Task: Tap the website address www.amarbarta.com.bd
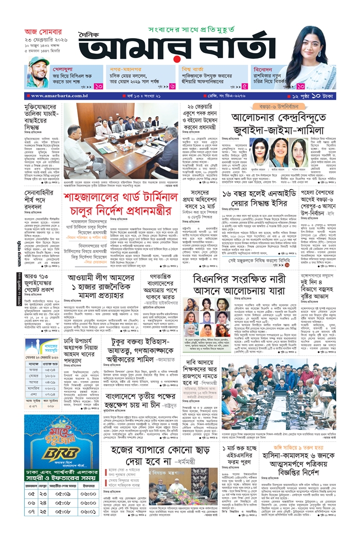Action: tap(53, 96)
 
